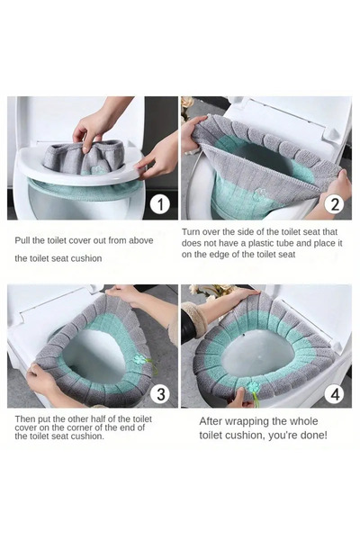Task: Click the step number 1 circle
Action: point(160,204)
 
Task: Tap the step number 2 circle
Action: point(335,204)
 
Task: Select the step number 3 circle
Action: point(161,394)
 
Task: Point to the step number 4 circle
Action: point(335,393)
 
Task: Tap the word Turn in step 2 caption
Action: point(191,232)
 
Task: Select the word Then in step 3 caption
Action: point(24,419)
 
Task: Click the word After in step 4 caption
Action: point(210,421)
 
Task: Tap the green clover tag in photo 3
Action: point(139,359)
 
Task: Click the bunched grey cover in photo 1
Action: point(84,157)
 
